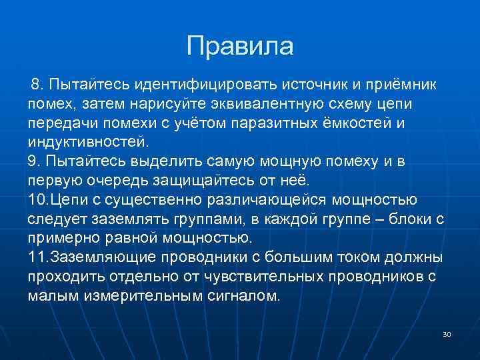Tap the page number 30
click(x=446, y=333)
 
